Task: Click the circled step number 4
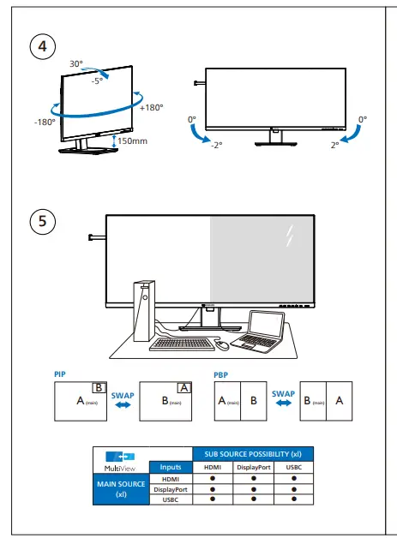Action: (x=39, y=46)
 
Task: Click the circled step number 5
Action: (x=39, y=222)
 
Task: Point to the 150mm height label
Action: (x=132, y=140)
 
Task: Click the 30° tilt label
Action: (x=76, y=64)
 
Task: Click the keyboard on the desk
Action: (x=180, y=345)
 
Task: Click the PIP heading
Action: (x=59, y=375)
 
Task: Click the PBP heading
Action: (x=220, y=375)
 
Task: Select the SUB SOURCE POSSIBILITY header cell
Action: (x=252, y=453)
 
